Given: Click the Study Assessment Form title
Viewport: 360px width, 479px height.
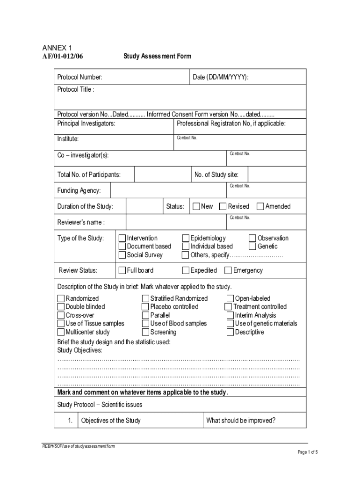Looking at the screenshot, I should pos(157,57).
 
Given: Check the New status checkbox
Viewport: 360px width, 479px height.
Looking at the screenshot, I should pos(197,206).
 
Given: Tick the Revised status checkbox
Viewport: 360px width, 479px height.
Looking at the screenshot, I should pos(224,206).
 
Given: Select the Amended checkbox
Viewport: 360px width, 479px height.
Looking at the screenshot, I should pos(261,206).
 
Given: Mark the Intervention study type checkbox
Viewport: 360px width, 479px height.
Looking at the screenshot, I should pos(122,238).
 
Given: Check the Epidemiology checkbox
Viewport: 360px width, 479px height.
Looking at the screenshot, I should pos(186,238).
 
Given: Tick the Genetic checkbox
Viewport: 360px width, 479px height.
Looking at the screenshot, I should pos(253,247).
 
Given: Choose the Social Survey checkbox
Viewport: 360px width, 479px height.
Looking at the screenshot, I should pos(122,255).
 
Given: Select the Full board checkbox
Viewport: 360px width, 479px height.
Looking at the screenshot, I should pos(122,270).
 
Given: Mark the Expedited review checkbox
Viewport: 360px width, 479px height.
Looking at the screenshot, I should pos(186,270).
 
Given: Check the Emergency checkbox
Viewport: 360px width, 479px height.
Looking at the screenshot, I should pos(228,270).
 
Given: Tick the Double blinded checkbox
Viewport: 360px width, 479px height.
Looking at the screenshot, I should pos(61,307).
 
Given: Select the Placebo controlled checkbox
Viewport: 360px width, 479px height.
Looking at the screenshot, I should pos(146,307).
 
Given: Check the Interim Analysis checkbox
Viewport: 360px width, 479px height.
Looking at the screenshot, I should pos(230,315).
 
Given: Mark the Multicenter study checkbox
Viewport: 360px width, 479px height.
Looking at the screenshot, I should pos(61,332).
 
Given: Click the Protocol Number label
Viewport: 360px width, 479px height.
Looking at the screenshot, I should pos(79,77).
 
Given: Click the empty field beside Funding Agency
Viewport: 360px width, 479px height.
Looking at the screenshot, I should pos(168,190).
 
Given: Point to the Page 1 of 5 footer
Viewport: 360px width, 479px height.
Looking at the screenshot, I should pos(307,452).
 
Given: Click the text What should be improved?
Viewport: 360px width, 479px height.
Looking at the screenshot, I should pos(241,421).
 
